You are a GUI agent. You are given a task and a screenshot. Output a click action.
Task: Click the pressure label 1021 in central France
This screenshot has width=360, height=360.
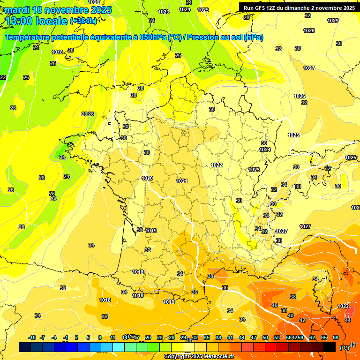tap(182, 181)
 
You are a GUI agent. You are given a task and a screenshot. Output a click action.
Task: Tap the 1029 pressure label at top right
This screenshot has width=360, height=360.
tap(333, 21)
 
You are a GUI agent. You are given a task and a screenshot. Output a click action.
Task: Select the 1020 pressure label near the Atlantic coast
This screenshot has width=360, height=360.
tap(147, 178)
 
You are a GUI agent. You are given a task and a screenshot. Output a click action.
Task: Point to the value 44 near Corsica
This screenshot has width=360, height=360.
tap(348, 320)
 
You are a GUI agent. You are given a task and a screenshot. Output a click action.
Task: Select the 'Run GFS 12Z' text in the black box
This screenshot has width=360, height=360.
tap(263, 8)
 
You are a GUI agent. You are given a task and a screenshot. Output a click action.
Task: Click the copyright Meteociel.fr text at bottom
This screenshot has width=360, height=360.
tap(199, 356)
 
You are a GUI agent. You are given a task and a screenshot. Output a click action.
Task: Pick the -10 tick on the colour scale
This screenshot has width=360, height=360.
tap(32, 337)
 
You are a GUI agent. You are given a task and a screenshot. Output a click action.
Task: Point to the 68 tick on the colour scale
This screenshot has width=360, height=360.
tap(336, 337)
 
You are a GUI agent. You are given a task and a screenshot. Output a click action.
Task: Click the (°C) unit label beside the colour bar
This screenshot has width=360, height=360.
tap(345, 347)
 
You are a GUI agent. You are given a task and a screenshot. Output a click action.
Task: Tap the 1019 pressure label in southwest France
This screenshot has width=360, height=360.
tap(151, 231)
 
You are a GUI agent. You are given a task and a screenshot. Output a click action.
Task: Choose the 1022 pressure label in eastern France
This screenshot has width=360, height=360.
tap(217, 165)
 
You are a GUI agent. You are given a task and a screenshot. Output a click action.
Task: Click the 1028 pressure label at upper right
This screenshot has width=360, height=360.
tap(309, 30)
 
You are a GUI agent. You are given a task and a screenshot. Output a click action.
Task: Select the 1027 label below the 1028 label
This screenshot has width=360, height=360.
tap(309, 68)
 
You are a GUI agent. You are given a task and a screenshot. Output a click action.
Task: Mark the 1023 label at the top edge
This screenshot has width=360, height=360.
tap(164, 12)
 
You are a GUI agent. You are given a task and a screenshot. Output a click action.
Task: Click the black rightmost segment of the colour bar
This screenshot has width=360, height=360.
tap(330, 347)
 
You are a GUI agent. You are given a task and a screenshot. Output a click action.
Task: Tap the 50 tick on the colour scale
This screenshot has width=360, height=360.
tap(265, 337)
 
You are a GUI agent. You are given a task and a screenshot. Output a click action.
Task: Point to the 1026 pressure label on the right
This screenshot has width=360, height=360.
tap(300, 96)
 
